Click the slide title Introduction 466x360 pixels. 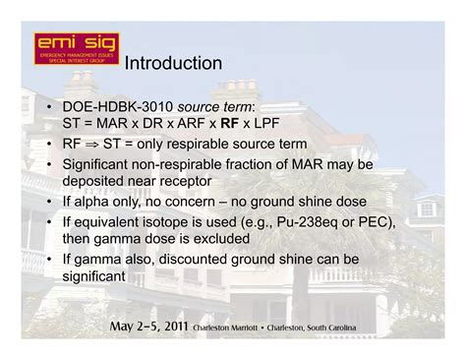click(x=173, y=64)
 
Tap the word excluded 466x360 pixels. click(x=220, y=239)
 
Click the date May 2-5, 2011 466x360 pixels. click(x=148, y=326)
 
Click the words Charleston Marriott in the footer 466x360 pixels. click(x=227, y=327)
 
